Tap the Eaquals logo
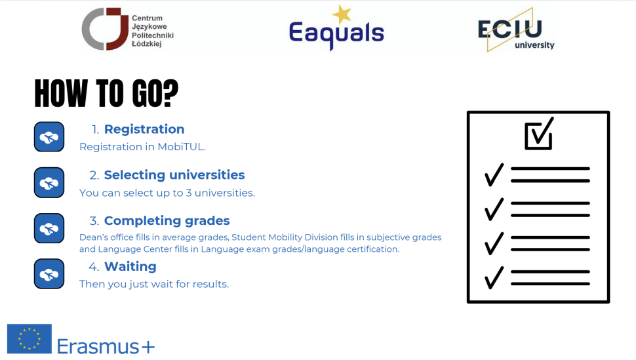coord(336,31)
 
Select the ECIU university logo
coord(515,31)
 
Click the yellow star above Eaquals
coord(341,14)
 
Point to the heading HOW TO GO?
coord(106,94)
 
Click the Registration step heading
coord(144,129)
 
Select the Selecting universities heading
coord(174,175)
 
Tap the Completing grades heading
coord(167,221)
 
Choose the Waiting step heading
coord(130,267)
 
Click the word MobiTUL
coord(181,147)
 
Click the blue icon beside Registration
coord(49,137)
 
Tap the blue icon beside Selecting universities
coord(49,183)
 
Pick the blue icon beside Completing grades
coord(49,229)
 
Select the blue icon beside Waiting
coord(49,274)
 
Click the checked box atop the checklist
coord(539,134)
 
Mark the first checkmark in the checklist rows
coord(494,174)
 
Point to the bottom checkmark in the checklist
coord(494,277)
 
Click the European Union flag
coord(29,339)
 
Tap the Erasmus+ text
coord(106,346)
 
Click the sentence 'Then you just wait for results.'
coord(154,285)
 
